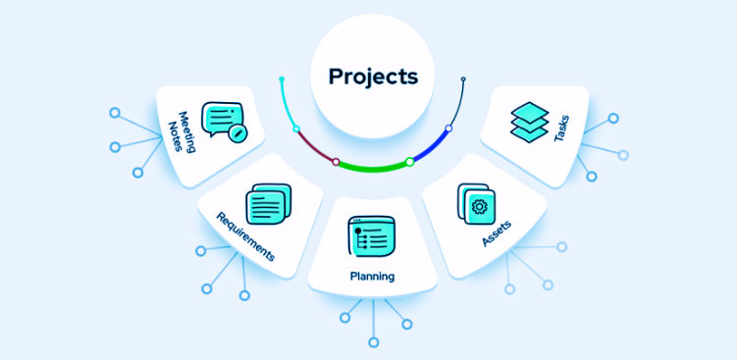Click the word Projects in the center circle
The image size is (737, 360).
pos(372,76)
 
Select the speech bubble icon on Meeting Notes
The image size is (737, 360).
pos(220,118)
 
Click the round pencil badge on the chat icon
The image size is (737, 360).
pos(237,132)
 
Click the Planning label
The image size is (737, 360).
pos(372,277)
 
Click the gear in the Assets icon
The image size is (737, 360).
pos(480,206)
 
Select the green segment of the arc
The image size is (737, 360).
pos(373,167)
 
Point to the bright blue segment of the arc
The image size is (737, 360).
pos(431,147)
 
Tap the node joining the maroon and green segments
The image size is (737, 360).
pos(336,161)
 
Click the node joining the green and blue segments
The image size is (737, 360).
pos(410,161)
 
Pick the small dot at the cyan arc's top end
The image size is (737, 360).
pos(282,77)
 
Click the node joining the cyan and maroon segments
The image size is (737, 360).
pos(296,129)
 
